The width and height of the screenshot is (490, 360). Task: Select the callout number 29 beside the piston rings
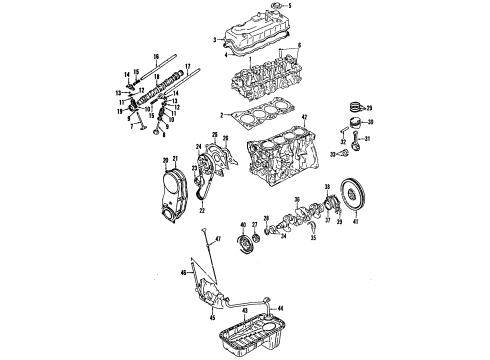click(x=369, y=106)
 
